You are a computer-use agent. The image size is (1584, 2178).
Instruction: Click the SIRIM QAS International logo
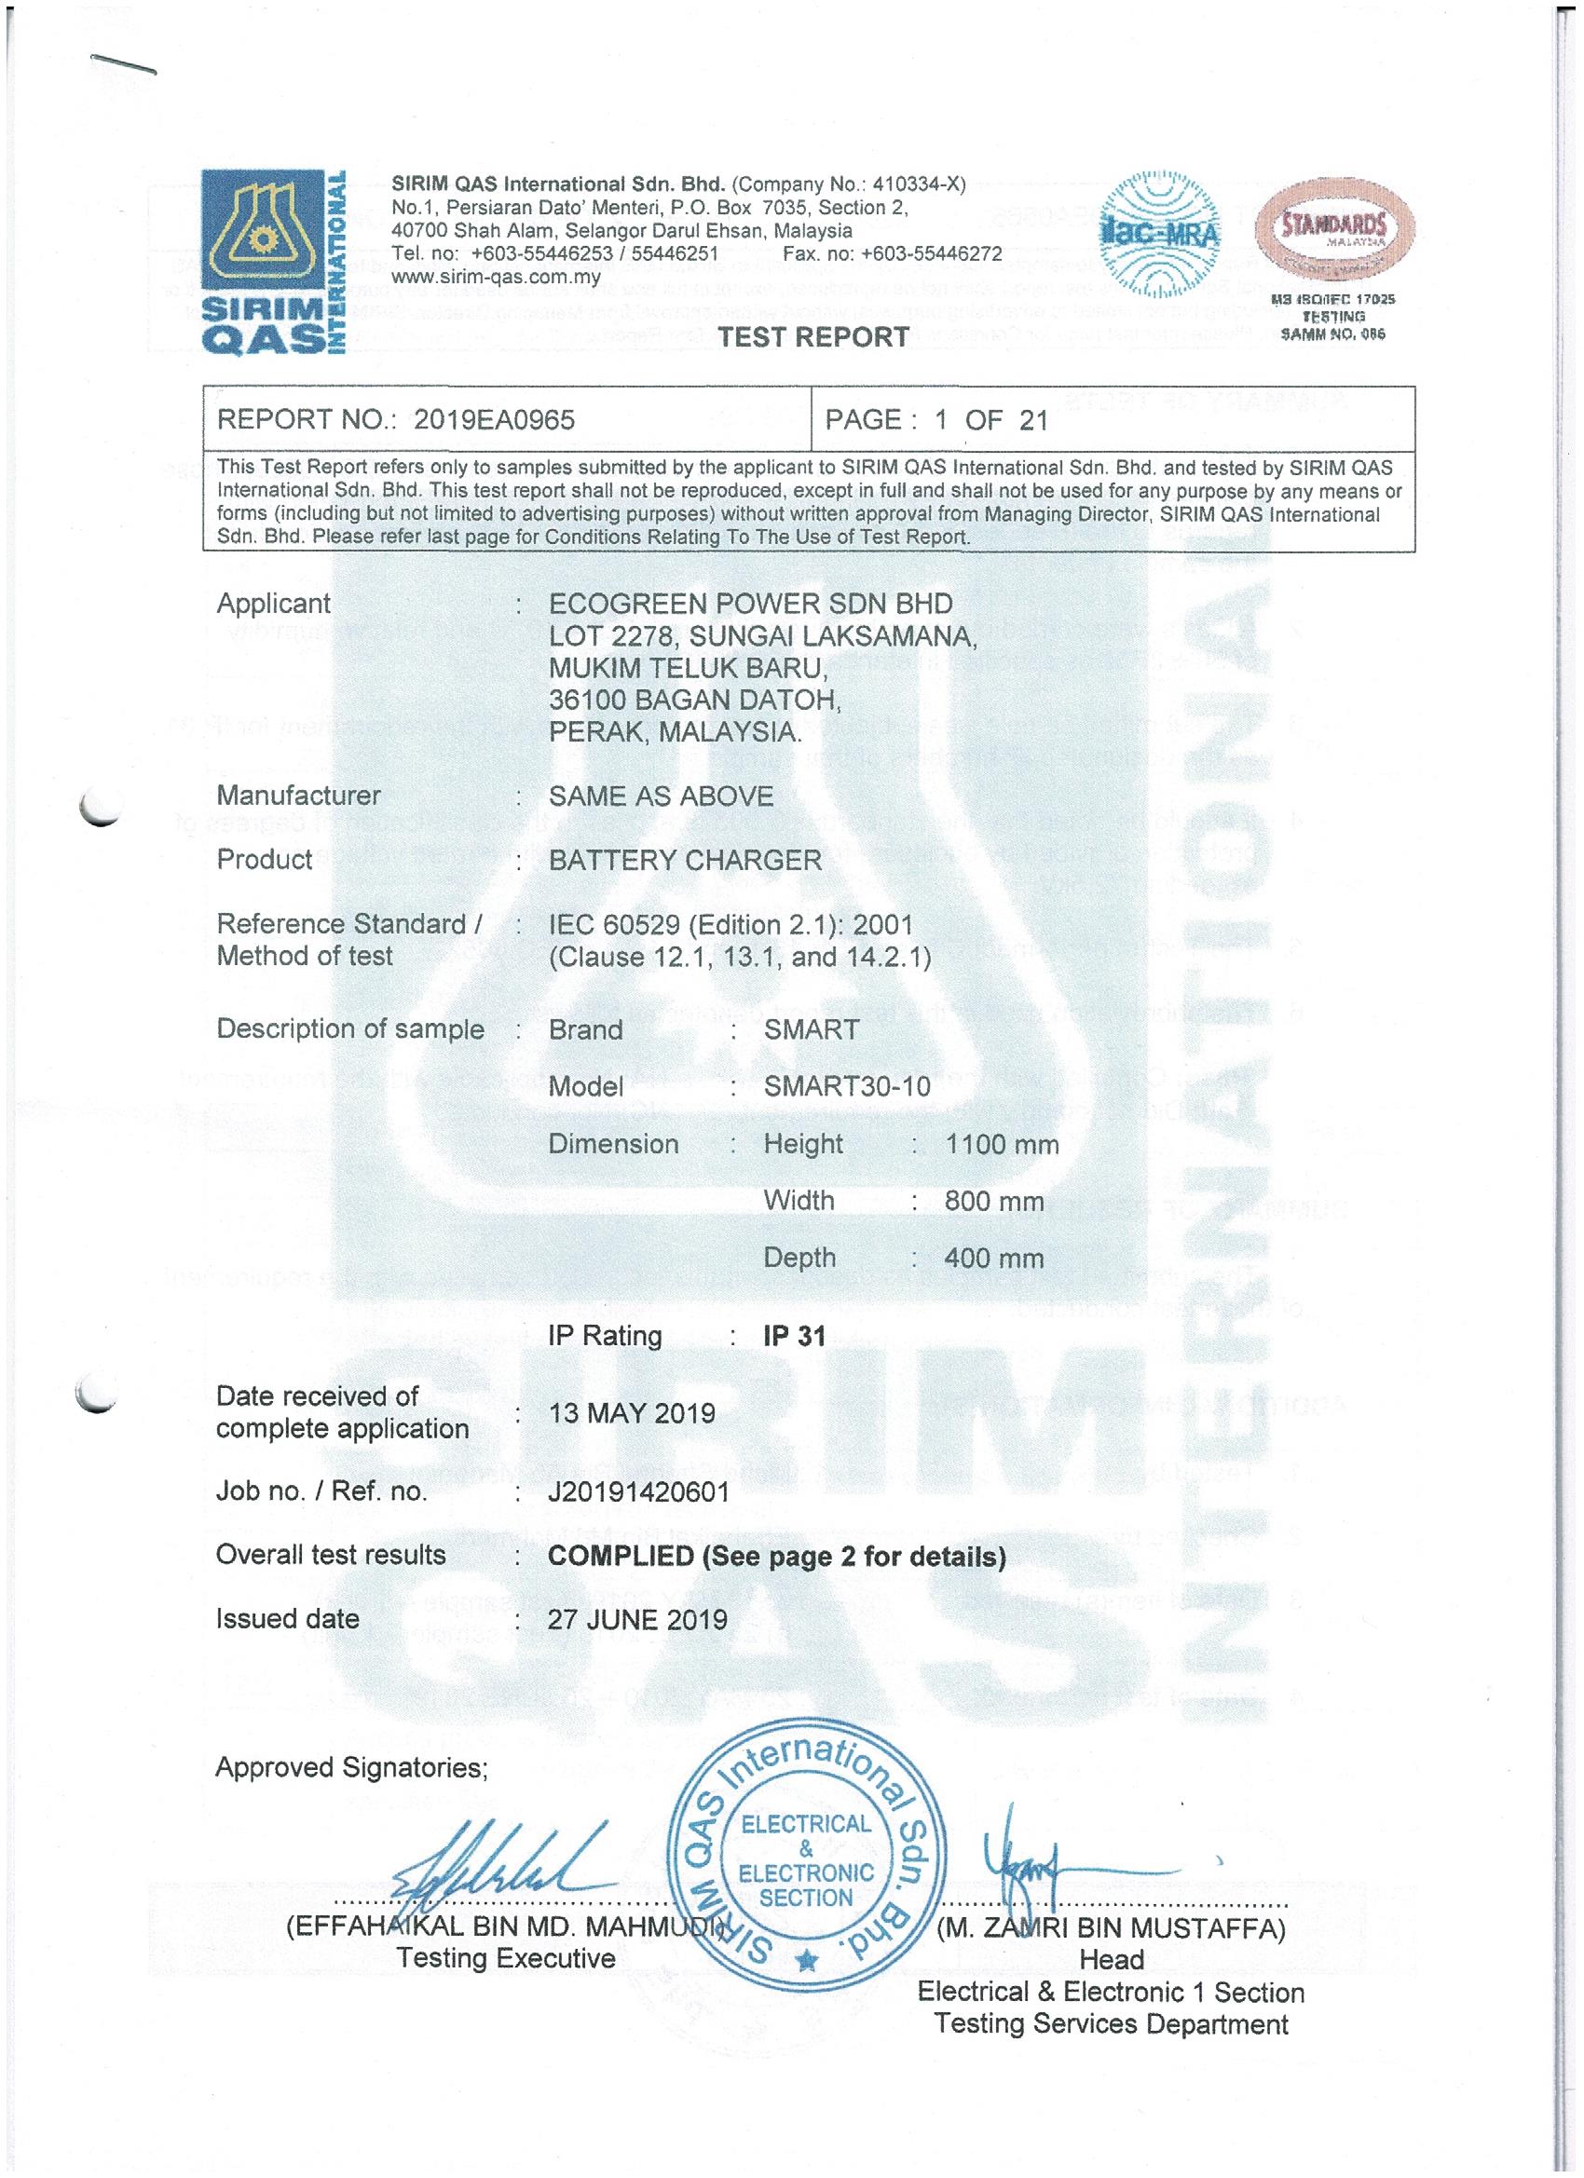click(x=273, y=260)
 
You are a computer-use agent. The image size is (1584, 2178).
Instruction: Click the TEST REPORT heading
click(x=812, y=337)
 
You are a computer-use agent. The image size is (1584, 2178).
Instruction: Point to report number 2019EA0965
click(x=494, y=419)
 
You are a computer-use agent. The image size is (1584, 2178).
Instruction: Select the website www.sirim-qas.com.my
click(x=496, y=278)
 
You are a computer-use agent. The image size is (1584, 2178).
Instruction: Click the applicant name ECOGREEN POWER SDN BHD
click(x=750, y=603)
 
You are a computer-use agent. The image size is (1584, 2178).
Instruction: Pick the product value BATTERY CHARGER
click(x=685, y=860)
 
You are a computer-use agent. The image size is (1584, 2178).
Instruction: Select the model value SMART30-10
click(x=846, y=1086)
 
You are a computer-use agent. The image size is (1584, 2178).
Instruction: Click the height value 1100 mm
click(x=1001, y=1144)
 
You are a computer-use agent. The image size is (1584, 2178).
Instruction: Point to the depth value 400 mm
click(x=993, y=1258)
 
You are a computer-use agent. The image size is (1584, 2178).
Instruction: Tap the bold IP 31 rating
click(x=794, y=1336)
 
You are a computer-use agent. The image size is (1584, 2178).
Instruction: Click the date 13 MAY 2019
click(x=631, y=1412)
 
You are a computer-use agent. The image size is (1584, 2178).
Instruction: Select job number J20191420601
click(x=638, y=1491)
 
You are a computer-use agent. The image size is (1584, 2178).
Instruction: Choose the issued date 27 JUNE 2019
click(x=637, y=1619)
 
